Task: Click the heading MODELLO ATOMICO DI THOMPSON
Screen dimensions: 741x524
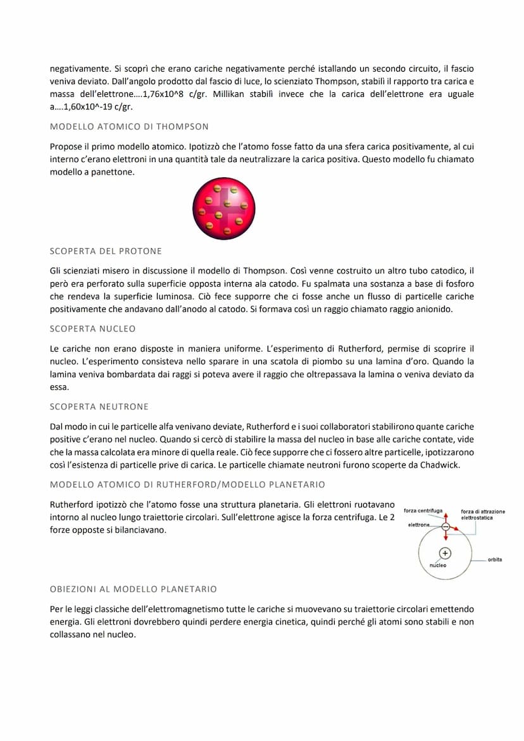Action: (x=129, y=127)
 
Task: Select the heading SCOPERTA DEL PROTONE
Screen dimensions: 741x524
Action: (x=106, y=251)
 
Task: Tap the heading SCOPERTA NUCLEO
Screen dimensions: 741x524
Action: (x=92, y=329)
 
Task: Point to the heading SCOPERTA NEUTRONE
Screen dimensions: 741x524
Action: (x=99, y=407)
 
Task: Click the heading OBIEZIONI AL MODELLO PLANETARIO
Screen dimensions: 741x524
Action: (x=133, y=589)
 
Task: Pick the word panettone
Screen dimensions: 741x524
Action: (x=113, y=171)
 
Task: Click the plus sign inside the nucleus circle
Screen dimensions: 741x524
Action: (x=445, y=552)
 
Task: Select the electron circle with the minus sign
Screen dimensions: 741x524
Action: (x=446, y=526)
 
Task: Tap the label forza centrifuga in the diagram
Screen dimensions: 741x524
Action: (x=423, y=511)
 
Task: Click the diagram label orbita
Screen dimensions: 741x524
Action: (x=495, y=560)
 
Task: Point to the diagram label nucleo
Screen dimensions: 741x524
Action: (x=438, y=565)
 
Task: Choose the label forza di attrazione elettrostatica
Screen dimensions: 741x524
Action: (x=482, y=514)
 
